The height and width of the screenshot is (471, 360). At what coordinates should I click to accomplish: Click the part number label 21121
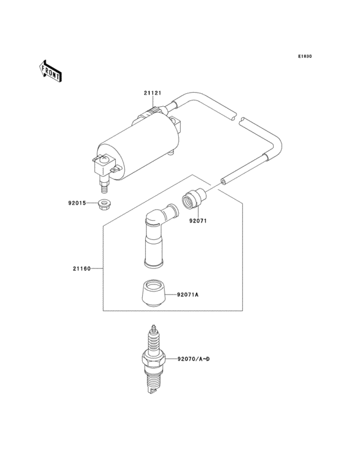point(152,93)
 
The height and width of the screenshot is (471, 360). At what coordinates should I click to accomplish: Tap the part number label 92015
point(77,203)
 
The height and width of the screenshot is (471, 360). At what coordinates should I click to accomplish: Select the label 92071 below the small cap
point(197,221)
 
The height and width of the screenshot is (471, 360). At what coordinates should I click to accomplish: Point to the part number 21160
point(81,268)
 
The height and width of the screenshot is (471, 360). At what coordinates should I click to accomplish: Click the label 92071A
point(188,295)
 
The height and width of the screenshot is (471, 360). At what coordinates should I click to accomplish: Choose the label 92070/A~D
point(193,358)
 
